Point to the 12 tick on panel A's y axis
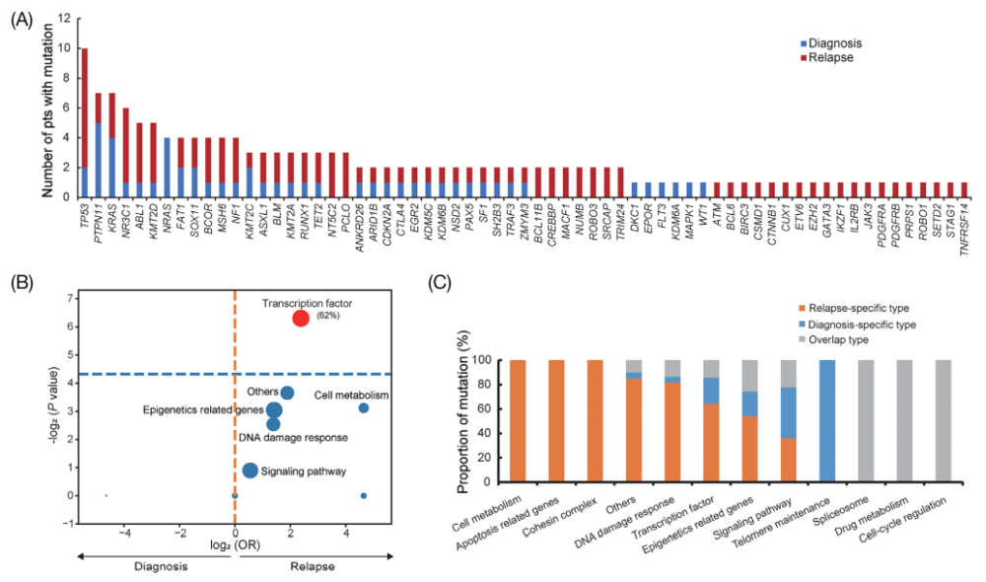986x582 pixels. pyautogui.click(x=64, y=19)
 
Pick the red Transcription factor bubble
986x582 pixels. pyautogui.click(x=301, y=317)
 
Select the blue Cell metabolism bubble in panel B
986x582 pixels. pyautogui.click(x=364, y=408)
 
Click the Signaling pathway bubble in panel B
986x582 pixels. pyautogui.click(x=250, y=471)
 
